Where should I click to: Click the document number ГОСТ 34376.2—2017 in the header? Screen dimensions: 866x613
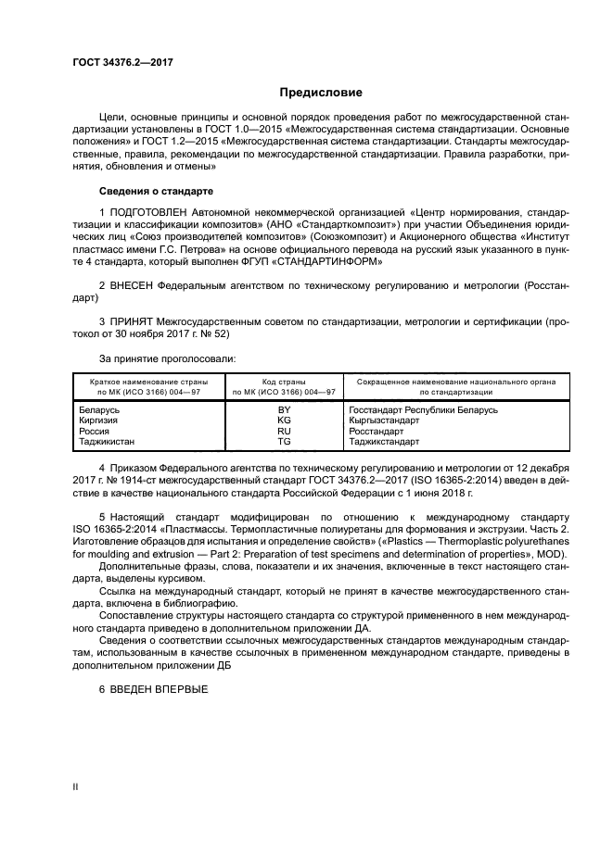pos(123,63)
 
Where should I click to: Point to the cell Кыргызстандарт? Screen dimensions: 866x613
pos(383,420)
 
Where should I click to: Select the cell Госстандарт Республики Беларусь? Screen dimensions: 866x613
pos(423,408)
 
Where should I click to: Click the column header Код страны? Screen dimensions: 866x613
pos(285,381)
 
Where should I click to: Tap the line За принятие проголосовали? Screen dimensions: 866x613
pos(155,357)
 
